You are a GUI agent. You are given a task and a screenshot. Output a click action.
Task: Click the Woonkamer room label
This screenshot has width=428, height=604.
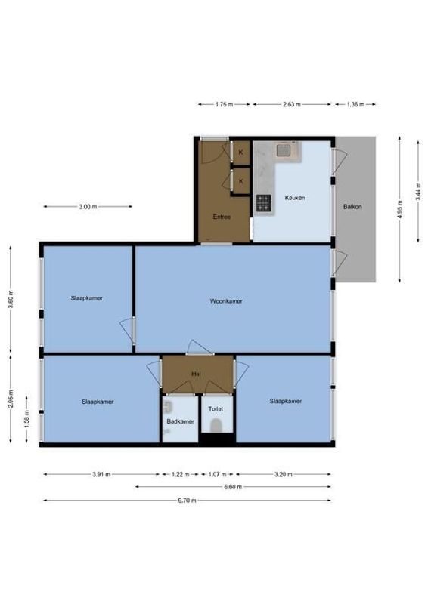click(x=226, y=301)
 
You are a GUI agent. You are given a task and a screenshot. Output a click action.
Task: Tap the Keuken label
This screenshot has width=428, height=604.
click(x=294, y=198)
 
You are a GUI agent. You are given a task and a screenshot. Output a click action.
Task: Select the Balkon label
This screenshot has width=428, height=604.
click(x=352, y=205)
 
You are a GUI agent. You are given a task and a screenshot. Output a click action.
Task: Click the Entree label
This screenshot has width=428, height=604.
click(x=222, y=217)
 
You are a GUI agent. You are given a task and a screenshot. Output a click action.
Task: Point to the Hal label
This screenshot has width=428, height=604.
click(x=195, y=373)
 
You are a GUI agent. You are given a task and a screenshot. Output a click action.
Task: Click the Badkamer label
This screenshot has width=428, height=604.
click(x=181, y=421)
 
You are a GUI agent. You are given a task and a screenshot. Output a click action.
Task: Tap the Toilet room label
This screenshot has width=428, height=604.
click(x=216, y=408)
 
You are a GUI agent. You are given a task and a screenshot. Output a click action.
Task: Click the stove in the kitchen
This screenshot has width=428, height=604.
click(x=263, y=202)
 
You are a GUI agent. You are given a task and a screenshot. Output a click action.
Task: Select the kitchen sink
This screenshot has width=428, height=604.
click(x=286, y=150)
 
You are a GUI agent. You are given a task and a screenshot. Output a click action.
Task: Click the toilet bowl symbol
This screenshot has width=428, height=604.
click(x=217, y=427)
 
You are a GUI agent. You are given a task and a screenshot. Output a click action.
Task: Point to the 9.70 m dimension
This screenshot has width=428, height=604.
click(x=187, y=501)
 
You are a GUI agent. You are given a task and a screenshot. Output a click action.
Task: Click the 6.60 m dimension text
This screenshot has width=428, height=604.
click(x=233, y=487)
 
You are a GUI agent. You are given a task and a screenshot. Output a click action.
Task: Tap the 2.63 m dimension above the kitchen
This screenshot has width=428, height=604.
click(x=292, y=104)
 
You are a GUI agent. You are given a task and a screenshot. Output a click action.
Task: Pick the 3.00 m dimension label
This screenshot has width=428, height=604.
click(x=87, y=206)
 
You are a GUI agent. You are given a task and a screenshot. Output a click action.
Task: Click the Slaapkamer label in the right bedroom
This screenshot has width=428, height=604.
click(x=285, y=401)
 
